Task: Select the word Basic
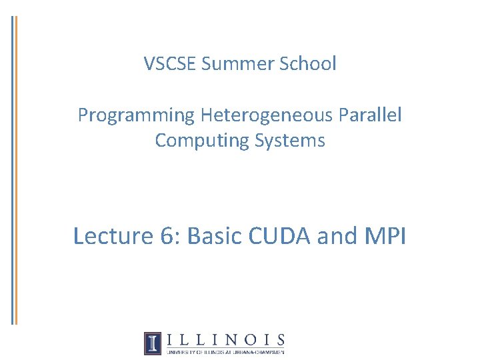215,236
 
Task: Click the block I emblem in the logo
153,343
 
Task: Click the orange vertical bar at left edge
17,170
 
